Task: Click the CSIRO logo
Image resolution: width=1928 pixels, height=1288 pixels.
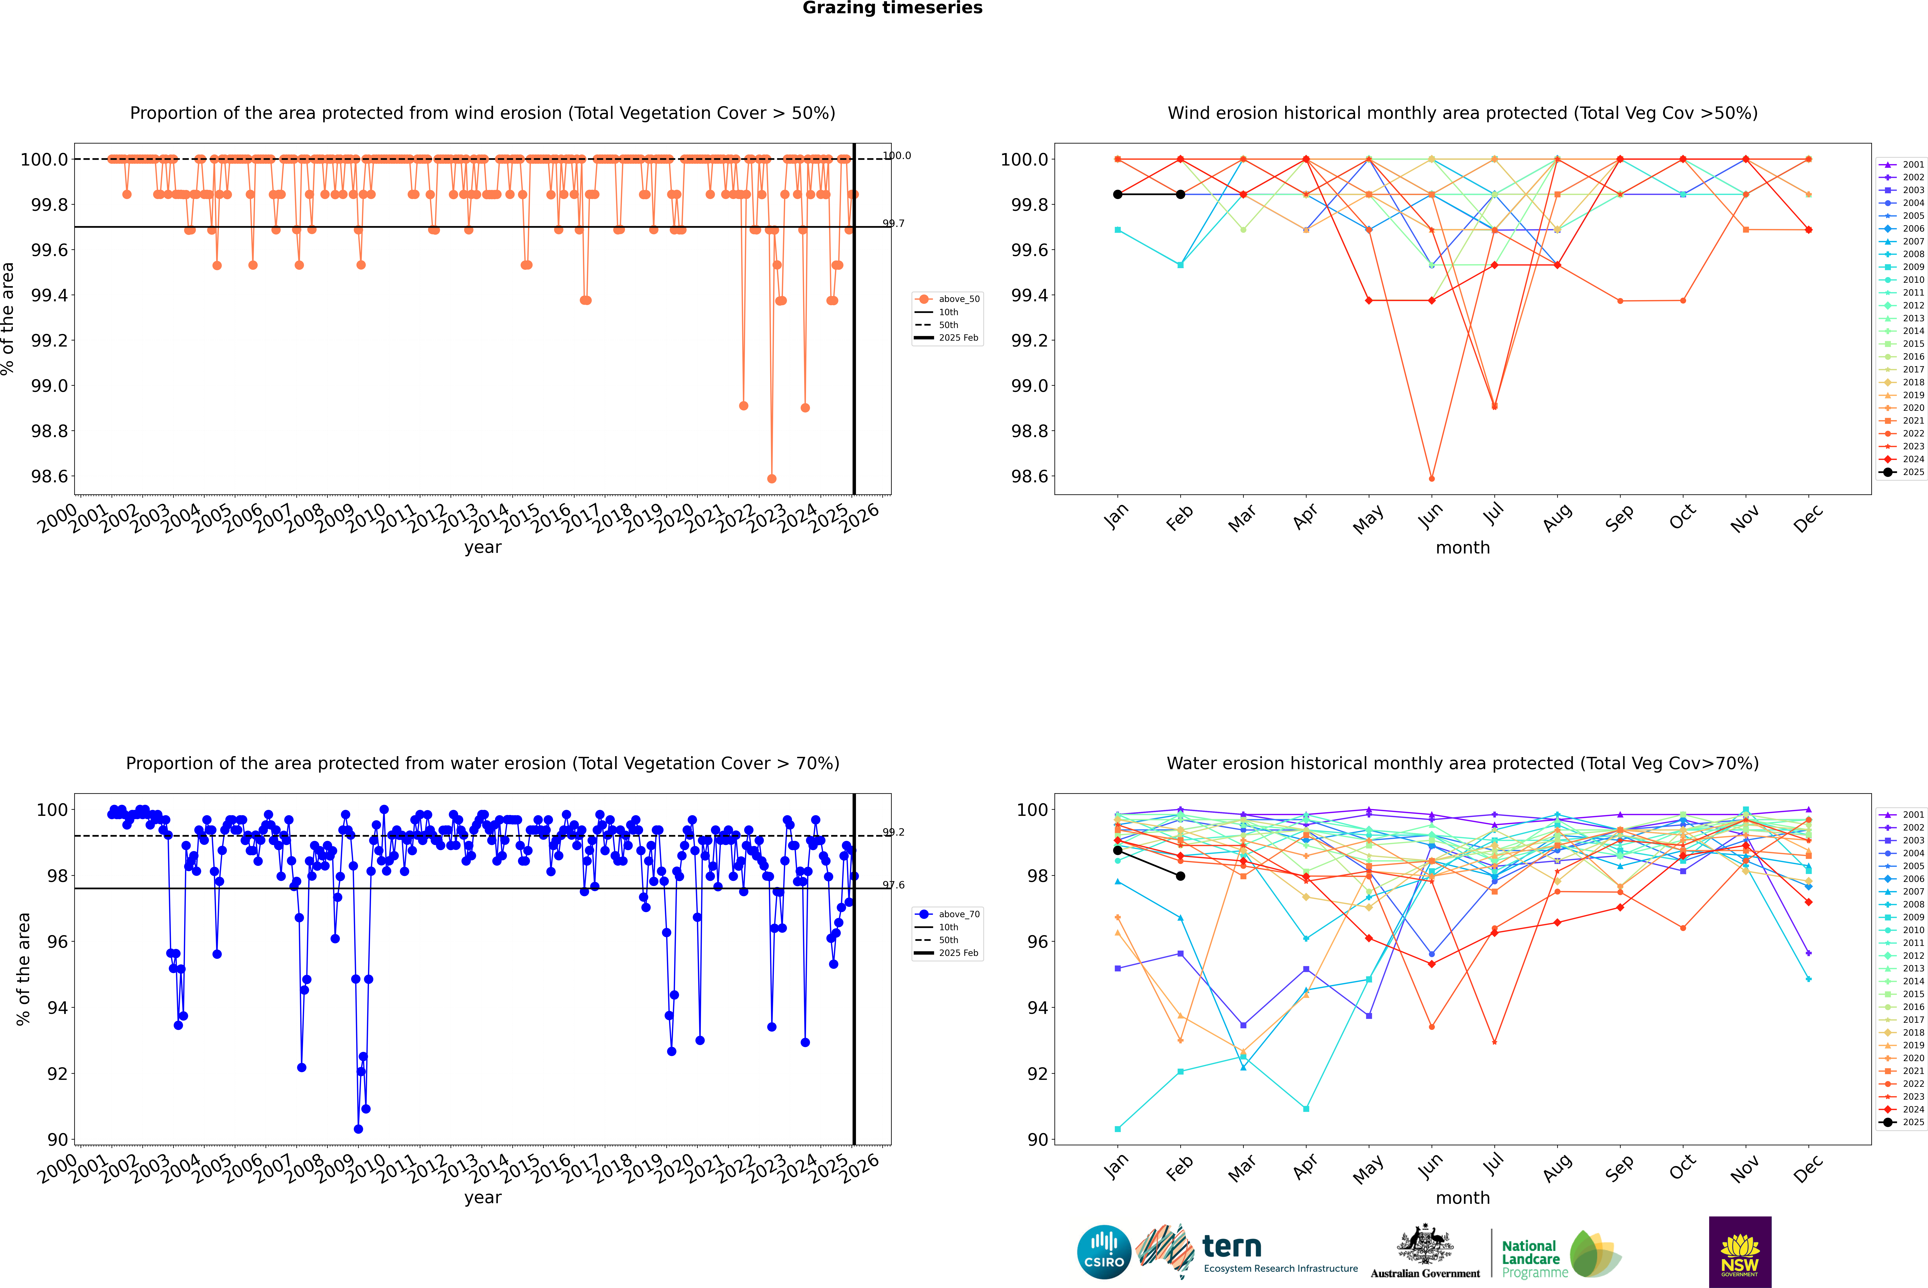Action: pyautogui.click(x=1104, y=1252)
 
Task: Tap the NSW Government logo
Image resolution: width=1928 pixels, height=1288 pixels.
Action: pyautogui.click(x=1740, y=1252)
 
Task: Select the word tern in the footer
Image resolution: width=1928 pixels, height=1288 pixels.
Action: pyautogui.click(x=1231, y=1246)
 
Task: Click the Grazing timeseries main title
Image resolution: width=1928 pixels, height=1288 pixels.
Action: pyautogui.click(x=893, y=8)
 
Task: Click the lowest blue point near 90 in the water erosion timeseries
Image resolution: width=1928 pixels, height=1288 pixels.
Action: pyautogui.click(x=358, y=1129)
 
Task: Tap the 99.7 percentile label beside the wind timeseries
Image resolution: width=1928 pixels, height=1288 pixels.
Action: pyautogui.click(x=893, y=223)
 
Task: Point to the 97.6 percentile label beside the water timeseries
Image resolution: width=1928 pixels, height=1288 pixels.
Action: pyautogui.click(x=893, y=885)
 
